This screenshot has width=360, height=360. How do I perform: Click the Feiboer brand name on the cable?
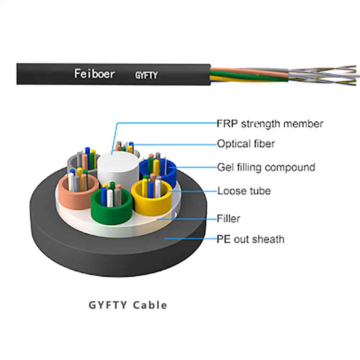pos(94,74)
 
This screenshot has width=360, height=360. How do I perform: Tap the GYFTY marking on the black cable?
pos(146,76)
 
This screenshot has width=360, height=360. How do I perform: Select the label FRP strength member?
pos(270,124)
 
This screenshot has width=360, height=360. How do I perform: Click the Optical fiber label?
pos(246,144)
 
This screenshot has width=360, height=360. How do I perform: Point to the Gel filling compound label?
pos(266,167)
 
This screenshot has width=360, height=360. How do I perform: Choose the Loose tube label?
pos(244,191)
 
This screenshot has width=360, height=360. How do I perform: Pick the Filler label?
pos(228,218)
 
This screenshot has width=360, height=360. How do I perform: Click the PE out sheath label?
pos(250,239)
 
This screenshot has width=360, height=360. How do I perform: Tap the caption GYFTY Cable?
pos(128,305)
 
